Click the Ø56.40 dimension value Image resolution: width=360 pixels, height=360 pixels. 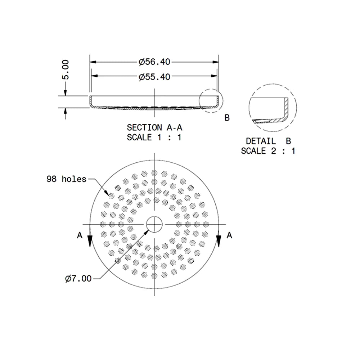(x=154, y=62)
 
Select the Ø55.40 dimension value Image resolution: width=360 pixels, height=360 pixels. (x=154, y=76)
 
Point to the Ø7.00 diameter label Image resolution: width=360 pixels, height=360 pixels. (x=78, y=279)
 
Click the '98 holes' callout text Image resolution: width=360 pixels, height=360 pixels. (x=66, y=179)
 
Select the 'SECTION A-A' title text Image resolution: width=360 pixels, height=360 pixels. (x=154, y=127)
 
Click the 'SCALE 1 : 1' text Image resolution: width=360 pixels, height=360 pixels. (x=154, y=138)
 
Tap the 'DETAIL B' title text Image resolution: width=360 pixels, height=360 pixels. (x=268, y=141)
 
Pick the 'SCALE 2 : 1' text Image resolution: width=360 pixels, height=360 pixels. (x=268, y=151)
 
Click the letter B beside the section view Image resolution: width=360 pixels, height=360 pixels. (x=227, y=118)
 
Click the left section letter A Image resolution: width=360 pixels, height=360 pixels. (x=80, y=235)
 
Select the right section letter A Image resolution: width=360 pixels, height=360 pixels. (x=229, y=235)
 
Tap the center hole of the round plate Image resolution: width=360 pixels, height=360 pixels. (x=154, y=224)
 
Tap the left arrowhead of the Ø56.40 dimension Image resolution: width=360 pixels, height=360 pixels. (x=93, y=62)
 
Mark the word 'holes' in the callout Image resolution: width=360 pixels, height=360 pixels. (x=75, y=179)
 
